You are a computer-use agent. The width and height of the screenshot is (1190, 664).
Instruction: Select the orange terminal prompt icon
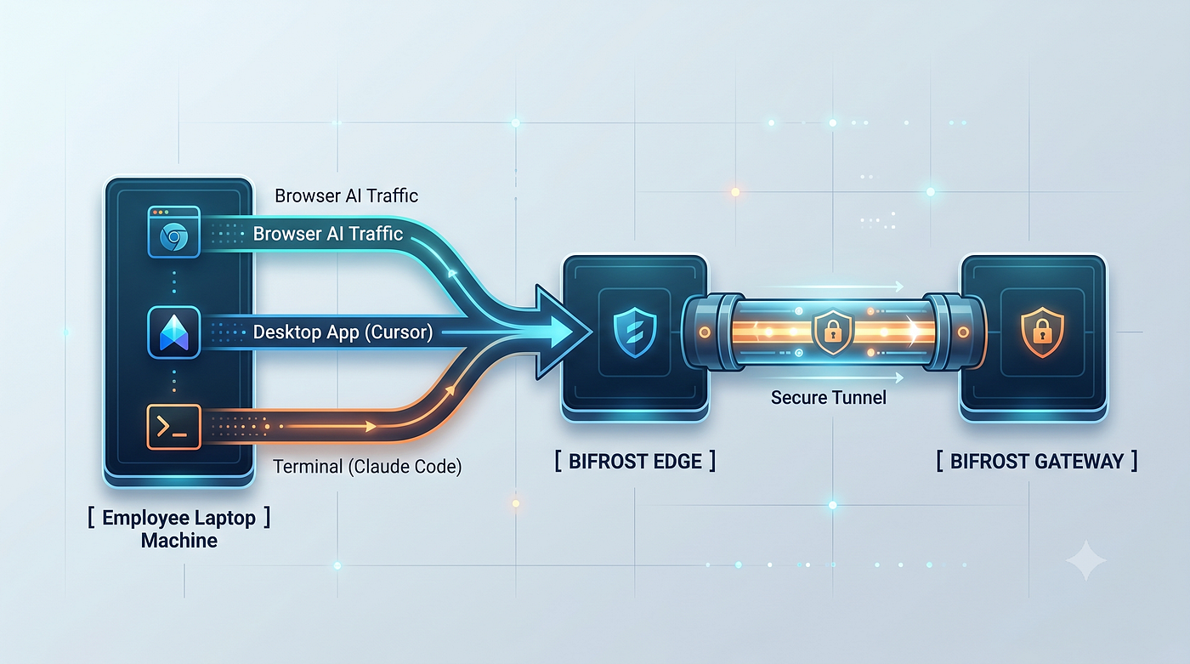point(173,427)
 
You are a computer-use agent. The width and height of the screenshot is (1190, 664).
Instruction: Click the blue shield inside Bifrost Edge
point(635,332)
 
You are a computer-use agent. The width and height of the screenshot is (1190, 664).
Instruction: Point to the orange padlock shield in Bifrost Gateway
point(1042,332)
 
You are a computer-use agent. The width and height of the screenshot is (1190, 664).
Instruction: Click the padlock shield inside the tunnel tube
point(832,332)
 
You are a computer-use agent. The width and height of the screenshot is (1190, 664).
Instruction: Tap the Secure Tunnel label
point(828,397)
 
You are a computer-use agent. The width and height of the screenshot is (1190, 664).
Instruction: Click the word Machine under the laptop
point(179,541)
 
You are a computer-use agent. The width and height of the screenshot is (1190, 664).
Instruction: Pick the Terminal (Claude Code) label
point(367,467)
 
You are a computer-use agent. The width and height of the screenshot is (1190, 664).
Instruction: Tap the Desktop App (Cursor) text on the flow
point(343,332)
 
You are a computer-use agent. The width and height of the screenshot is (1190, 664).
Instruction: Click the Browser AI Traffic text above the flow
point(347,196)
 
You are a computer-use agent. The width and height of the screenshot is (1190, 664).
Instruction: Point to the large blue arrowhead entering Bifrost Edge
point(563,332)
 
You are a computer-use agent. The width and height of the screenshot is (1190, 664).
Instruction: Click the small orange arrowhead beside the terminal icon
point(371,426)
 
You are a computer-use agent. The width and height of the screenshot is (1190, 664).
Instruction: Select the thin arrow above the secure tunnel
point(829,287)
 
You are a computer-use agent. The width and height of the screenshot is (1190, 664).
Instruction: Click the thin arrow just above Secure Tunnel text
point(829,377)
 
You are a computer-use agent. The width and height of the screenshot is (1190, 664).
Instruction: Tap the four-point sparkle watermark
point(1086,560)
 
